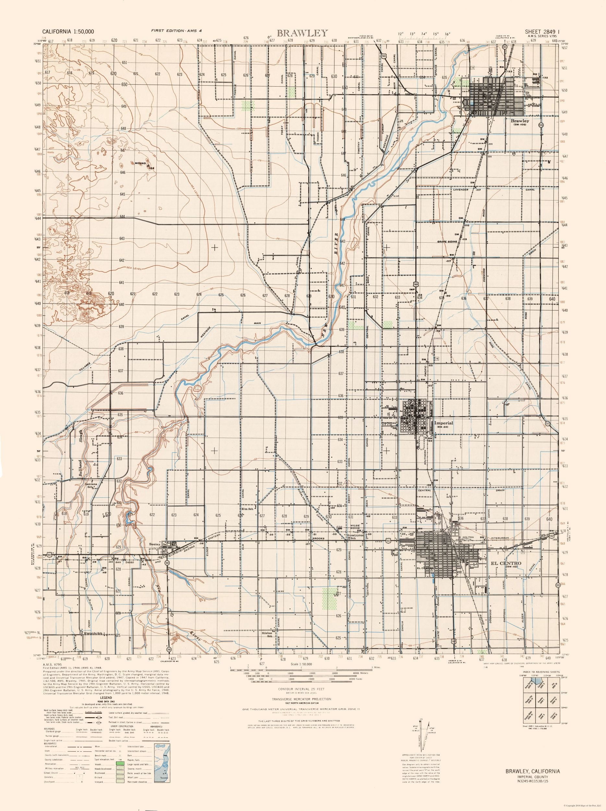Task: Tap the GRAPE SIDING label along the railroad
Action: point(446,242)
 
